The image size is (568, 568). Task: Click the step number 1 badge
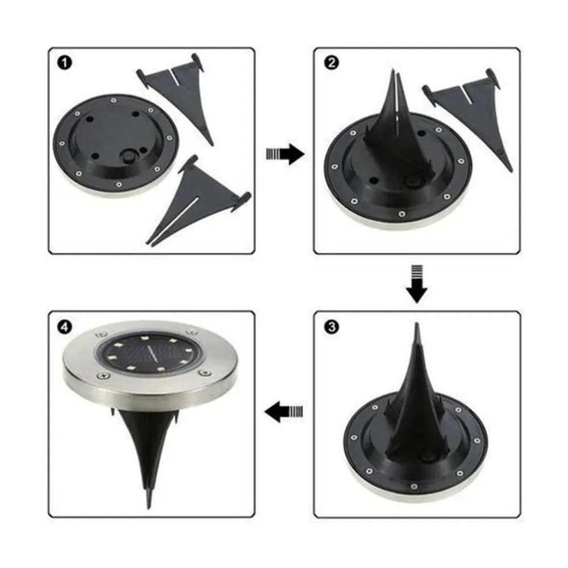tap(65, 63)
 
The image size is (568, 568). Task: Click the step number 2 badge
tap(331, 63)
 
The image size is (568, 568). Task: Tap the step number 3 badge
tap(331, 327)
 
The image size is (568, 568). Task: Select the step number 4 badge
tap(65, 327)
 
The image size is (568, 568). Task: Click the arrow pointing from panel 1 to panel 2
tap(285, 154)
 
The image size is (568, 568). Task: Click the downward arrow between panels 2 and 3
tap(416, 284)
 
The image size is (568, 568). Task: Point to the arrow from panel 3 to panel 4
tap(283, 411)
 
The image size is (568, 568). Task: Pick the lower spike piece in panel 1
tap(198, 201)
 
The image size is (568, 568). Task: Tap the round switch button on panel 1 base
tap(128, 158)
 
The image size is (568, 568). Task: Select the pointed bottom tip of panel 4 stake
tap(149, 507)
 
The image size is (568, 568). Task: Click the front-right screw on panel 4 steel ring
tap(204, 373)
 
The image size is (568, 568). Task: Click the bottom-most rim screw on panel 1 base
tap(119, 185)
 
